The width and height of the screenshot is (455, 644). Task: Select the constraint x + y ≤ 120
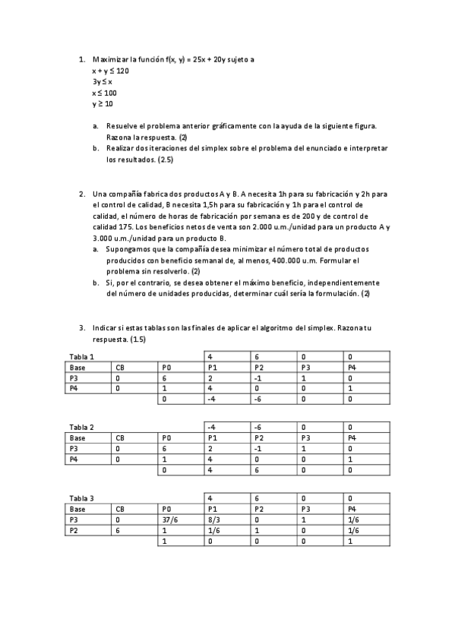click(110, 70)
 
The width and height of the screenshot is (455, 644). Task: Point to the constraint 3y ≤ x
click(102, 81)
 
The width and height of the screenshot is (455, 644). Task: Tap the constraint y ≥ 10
click(102, 103)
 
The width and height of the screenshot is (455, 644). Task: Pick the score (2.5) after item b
click(167, 159)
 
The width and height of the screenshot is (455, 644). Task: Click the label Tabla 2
click(81, 427)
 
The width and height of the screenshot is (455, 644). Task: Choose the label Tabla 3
click(81, 497)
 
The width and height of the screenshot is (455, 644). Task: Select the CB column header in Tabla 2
click(120, 437)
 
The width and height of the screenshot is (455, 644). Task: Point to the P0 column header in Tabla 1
click(166, 367)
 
